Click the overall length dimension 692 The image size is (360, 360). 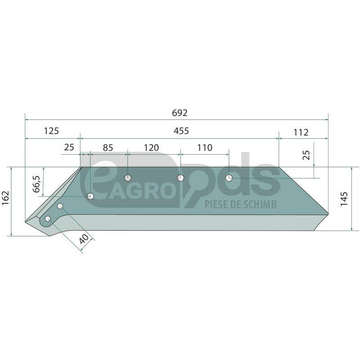[180, 113]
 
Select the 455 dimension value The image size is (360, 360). [181, 131]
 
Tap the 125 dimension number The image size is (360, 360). [51, 131]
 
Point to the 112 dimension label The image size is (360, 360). [301, 132]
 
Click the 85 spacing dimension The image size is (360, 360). [108, 148]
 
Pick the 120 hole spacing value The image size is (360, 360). [151, 148]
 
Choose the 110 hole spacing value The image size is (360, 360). [205, 148]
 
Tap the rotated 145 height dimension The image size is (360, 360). [344, 199]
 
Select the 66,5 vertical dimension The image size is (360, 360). [36, 184]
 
